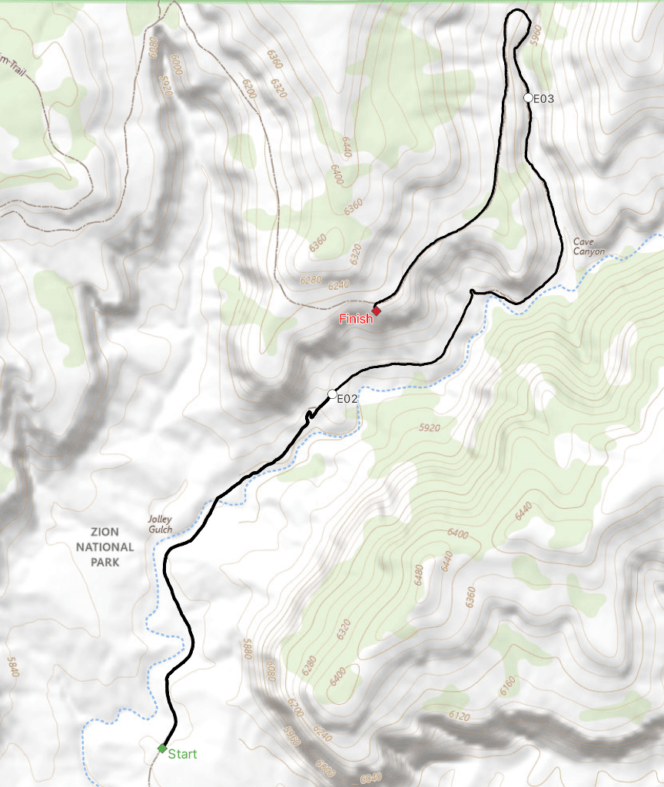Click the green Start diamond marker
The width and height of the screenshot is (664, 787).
pyautogui.click(x=162, y=748)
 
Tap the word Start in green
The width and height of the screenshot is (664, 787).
pyautogui.click(x=182, y=754)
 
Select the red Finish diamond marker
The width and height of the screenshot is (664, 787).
pyautogui.click(x=377, y=310)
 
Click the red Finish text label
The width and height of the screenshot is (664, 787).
pyautogui.click(x=357, y=319)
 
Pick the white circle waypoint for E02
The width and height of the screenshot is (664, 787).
pyautogui.click(x=333, y=394)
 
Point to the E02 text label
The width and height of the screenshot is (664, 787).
pyautogui.click(x=348, y=399)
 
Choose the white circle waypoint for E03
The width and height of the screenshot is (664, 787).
pyautogui.click(x=528, y=98)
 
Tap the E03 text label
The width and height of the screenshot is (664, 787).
pyautogui.click(x=543, y=98)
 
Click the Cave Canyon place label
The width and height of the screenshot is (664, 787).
pyautogui.click(x=589, y=247)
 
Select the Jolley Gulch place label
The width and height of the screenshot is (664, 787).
pyautogui.click(x=160, y=524)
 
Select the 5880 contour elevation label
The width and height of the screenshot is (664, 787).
pyautogui.click(x=247, y=650)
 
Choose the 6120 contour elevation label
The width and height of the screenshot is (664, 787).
pyautogui.click(x=458, y=716)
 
